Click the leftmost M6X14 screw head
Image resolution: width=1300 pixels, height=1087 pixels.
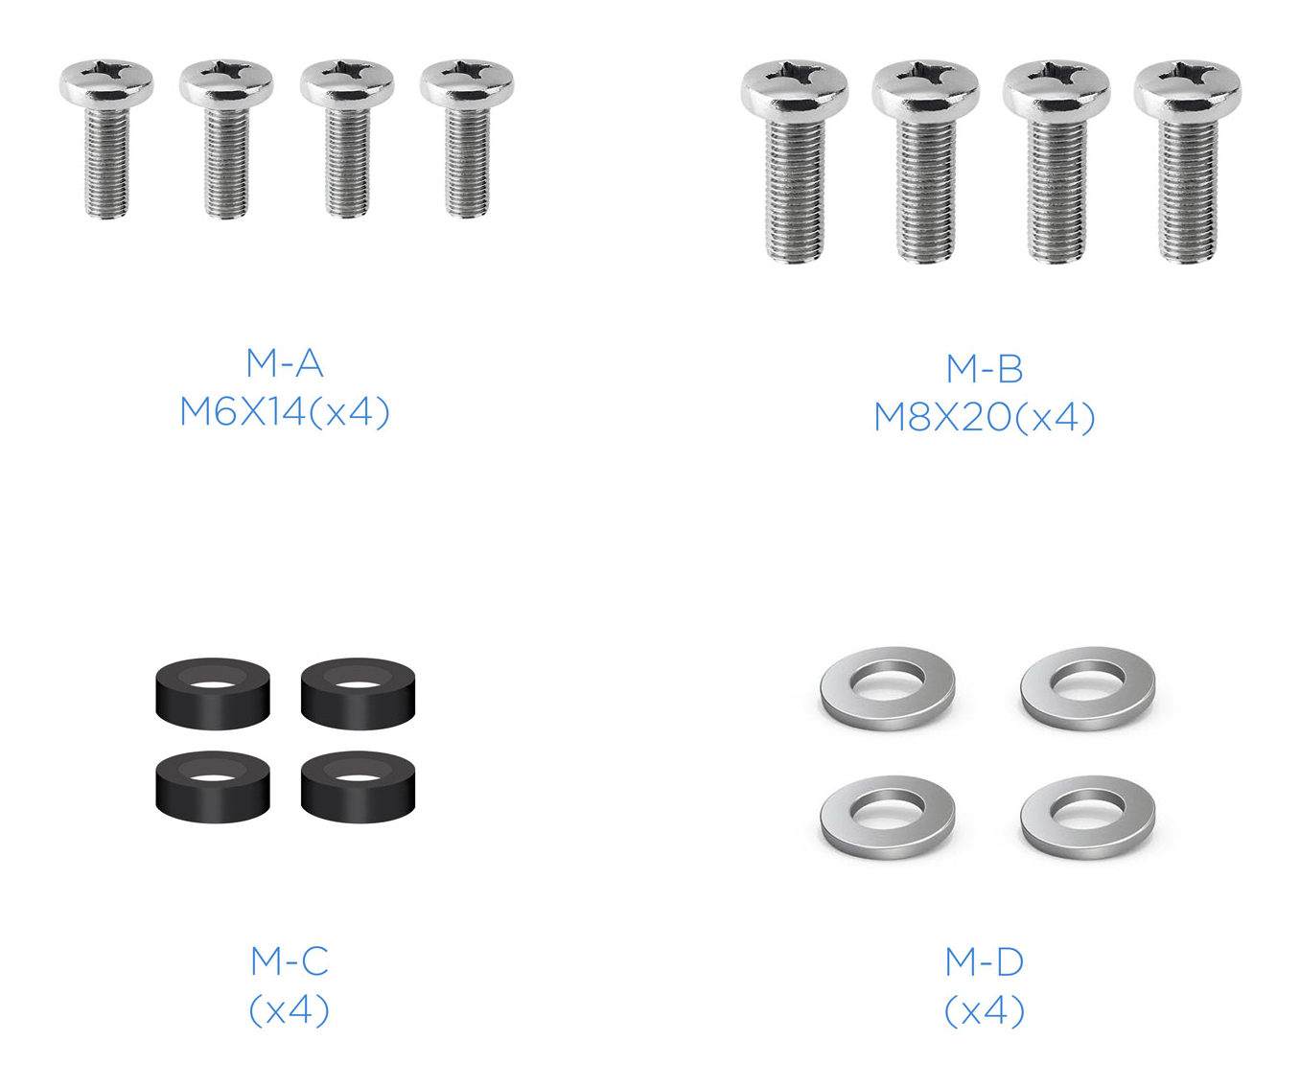point(106,84)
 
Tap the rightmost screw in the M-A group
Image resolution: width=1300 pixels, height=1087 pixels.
point(467,138)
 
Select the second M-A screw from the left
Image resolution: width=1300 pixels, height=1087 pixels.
point(226,138)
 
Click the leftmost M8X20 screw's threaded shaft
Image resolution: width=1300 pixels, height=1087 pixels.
point(795,190)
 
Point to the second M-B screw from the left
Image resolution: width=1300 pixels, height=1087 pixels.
point(926,162)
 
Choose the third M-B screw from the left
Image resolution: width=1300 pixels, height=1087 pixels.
point(1056,162)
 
